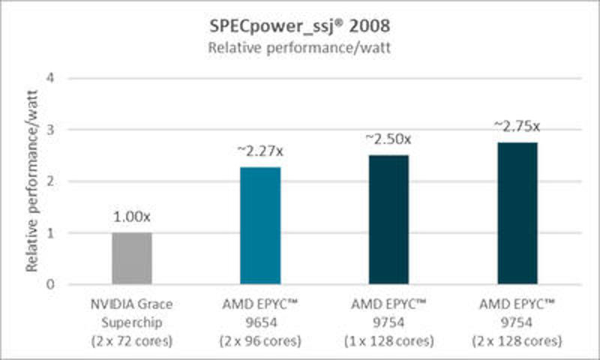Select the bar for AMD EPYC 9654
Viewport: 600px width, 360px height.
click(x=259, y=226)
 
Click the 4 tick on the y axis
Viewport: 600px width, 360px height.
click(x=49, y=78)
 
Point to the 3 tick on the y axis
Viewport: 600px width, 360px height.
click(x=49, y=130)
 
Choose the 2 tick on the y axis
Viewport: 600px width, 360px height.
click(x=49, y=181)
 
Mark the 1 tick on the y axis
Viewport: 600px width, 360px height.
click(x=49, y=233)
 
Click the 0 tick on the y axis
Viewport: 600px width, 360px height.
click(x=49, y=285)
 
